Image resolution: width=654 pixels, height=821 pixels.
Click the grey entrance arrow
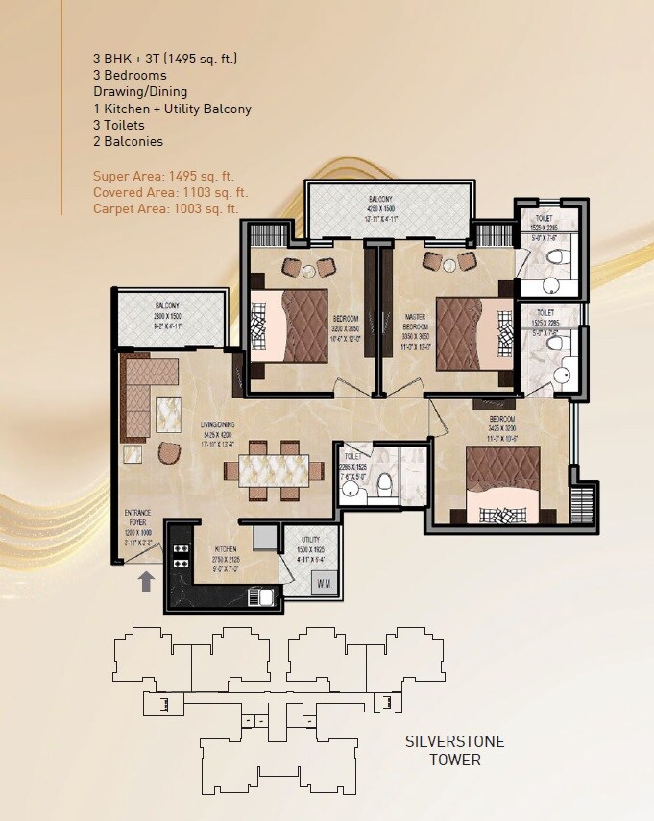[x=145, y=580]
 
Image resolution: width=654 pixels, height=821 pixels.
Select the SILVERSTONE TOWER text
[x=454, y=750]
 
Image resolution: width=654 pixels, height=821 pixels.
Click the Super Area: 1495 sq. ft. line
[x=163, y=176]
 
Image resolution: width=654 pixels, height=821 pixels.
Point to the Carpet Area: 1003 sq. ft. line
[x=165, y=207]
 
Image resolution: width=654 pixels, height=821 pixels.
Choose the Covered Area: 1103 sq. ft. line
[x=171, y=192]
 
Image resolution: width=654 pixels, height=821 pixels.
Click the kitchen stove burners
[x=180, y=556]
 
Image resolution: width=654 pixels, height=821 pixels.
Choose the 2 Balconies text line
[x=128, y=141]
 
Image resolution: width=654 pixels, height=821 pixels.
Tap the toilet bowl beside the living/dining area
[x=384, y=482]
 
